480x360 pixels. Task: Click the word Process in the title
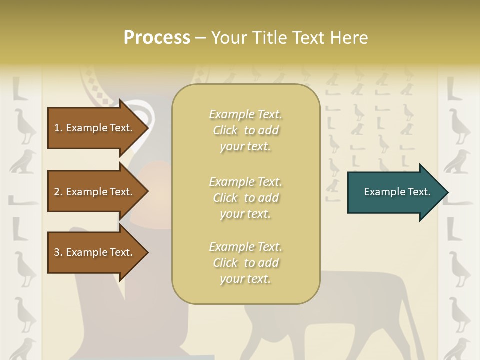click(157, 38)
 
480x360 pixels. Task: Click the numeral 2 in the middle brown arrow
click(57, 192)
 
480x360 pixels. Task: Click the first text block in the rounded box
click(245, 130)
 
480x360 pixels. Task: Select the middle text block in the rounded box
click(245, 197)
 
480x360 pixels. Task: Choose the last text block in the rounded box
click(245, 263)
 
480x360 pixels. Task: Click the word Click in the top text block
click(225, 130)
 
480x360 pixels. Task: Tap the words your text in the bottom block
click(245, 279)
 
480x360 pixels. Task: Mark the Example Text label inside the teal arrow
click(397, 192)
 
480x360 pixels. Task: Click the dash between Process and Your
click(200, 38)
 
